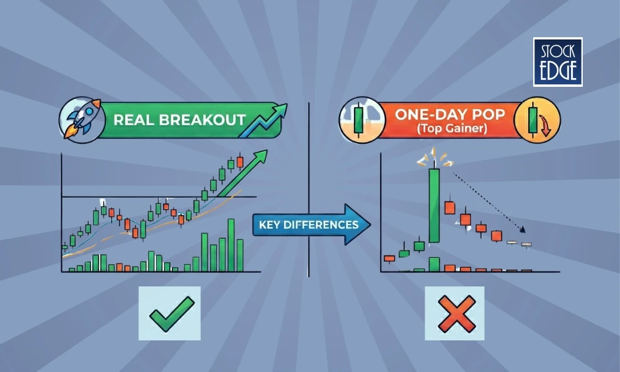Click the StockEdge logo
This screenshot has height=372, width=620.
point(557,61)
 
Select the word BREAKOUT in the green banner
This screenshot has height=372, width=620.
point(201,118)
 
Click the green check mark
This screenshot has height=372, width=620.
point(169,313)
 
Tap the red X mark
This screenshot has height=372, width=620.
point(457,313)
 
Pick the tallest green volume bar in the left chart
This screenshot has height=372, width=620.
point(231,246)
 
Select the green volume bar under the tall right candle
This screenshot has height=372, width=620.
point(434,264)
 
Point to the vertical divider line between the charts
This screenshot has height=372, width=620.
point(309,186)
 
